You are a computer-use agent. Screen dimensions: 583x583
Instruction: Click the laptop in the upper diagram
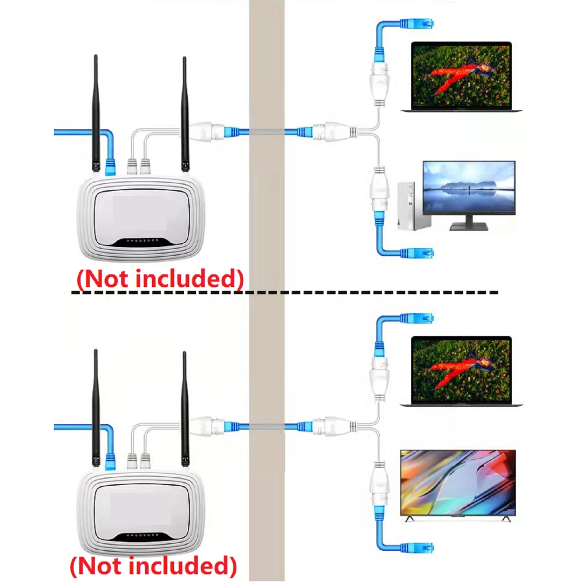pos(461,77)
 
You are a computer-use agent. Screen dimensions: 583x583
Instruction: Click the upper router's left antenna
pos(96,113)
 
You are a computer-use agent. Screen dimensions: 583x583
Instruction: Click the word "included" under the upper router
pos(189,279)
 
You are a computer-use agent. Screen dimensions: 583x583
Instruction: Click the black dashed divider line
pos(284,292)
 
